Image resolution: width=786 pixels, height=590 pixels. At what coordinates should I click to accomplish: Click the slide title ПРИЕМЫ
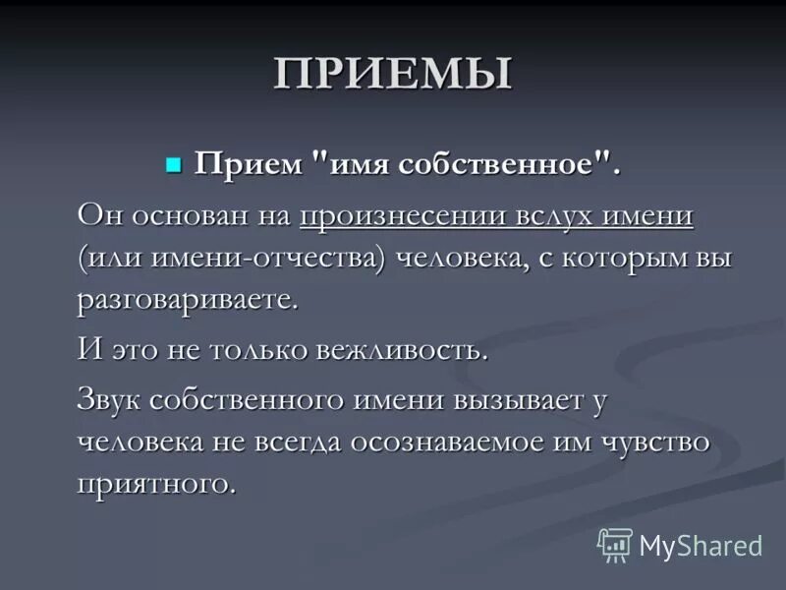[x=393, y=75]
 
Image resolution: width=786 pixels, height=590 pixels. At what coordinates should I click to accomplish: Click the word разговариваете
[x=187, y=301]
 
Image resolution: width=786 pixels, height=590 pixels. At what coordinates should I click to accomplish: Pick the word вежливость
[x=403, y=350]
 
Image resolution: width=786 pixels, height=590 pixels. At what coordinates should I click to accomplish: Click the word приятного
[x=156, y=484]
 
